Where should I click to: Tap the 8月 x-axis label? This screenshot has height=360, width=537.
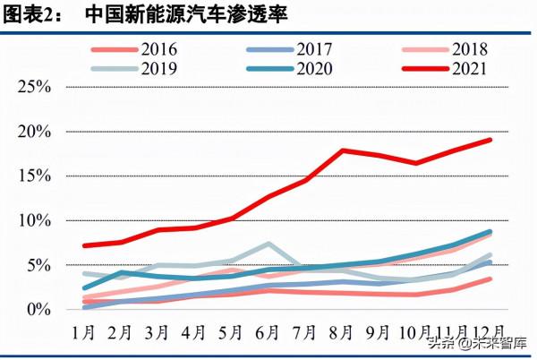coord(344,331)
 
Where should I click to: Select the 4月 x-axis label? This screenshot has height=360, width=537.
coord(193,331)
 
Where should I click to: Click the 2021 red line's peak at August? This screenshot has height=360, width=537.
coord(344,150)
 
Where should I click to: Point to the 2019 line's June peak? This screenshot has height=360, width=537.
coord(268,244)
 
